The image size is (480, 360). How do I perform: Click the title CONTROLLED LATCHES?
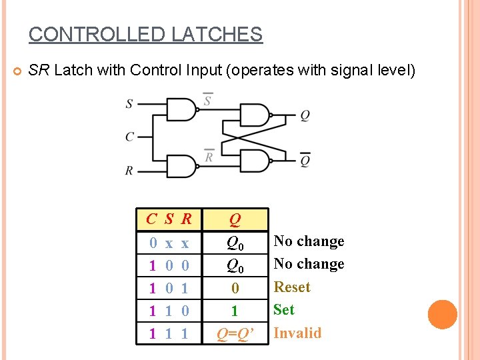pyautogui.click(x=145, y=35)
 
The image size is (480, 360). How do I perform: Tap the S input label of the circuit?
pyautogui.click(x=129, y=103)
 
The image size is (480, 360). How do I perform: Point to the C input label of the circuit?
pyautogui.click(x=129, y=137)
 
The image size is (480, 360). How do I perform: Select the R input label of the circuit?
pyautogui.click(x=129, y=171)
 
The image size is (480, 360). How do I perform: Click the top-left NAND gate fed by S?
pyautogui.click(x=182, y=109)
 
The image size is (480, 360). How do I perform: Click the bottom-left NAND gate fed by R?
pyautogui.click(x=182, y=165)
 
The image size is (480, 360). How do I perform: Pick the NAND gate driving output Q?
pyautogui.click(x=255, y=115)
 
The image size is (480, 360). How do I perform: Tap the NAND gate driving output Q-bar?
pyautogui.click(x=255, y=160)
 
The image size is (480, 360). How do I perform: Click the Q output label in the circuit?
pyautogui.click(x=305, y=115)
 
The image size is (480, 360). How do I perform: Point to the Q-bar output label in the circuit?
pyautogui.click(x=305, y=160)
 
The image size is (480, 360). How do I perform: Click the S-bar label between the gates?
pyautogui.click(x=208, y=99)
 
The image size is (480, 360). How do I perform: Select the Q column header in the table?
pyautogui.click(x=235, y=219)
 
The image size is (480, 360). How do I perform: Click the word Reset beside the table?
pyautogui.click(x=292, y=287)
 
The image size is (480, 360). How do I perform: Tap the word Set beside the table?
pyautogui.click(x=284, y=310)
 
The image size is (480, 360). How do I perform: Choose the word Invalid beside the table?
pyautogui.click(x=297, y=333)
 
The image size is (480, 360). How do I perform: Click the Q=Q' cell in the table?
pyautogui.click(x=235, y=333)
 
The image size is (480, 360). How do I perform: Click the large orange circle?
pyautogui.click(x=443, y=315)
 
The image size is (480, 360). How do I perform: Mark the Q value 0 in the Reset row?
pyautogui.click(x=235, y=288)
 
